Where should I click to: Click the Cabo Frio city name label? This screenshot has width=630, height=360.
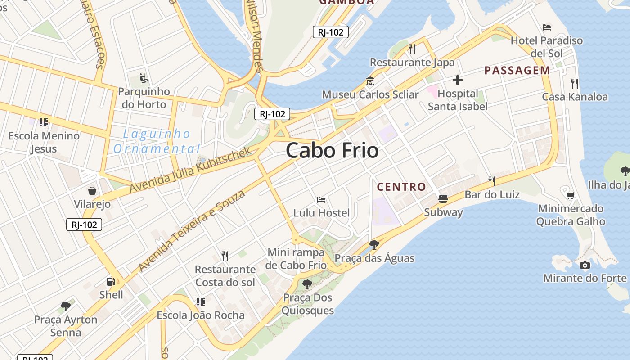point(332,150)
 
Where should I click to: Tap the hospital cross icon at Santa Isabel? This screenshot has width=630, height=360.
point(458,81)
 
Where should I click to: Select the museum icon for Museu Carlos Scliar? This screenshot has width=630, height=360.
point(370,81)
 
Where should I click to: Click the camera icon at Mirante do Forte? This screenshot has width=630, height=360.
point(585,265)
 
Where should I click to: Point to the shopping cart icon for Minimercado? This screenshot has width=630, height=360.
point(571,195)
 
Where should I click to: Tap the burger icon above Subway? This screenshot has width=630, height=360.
point(443,199)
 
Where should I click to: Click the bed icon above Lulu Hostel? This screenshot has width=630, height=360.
point(321,199)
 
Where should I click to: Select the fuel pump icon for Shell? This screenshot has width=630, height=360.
point(111,282)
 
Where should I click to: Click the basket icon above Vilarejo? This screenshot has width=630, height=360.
point(92,191)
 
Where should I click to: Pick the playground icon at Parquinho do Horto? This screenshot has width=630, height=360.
point(144,78)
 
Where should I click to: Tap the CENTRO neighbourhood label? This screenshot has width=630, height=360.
point(401,187)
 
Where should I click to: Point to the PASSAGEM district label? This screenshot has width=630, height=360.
point(517,70)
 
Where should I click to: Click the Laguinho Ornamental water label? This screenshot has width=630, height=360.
point(156,141)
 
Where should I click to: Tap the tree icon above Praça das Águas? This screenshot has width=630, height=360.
point(374,245)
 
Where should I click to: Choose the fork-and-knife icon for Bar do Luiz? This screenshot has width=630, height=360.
point(492,181)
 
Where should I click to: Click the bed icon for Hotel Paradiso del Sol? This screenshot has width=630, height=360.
point(547,27)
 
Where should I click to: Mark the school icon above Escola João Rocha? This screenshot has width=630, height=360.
point(200,301)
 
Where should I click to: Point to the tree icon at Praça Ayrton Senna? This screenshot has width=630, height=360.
point(66,306)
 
